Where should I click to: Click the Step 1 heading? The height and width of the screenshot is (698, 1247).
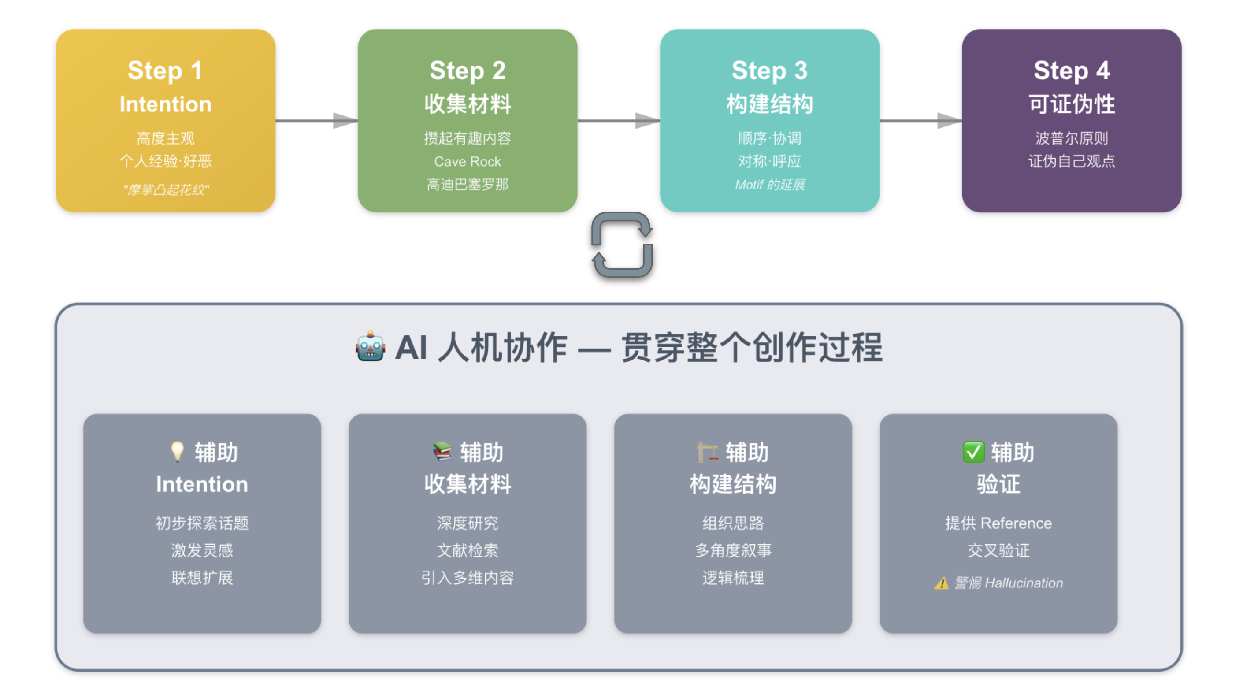(165, 71)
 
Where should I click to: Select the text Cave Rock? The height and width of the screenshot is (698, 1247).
(467, 161)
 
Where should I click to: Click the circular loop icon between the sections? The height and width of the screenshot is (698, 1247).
(622, 245)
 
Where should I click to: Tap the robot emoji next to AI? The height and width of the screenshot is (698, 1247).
(370, 347)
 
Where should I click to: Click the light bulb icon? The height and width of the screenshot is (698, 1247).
(177, 452)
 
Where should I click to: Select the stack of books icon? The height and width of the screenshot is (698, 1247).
(442, 452)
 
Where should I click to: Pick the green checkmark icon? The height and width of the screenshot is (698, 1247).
(973, 452)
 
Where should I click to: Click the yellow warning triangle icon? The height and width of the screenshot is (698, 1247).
(941, 583)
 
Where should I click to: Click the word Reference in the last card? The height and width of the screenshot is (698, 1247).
(1016, 523)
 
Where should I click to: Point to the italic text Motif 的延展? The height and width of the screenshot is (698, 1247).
(769, 185)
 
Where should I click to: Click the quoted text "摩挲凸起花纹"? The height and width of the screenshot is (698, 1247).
(166, 189)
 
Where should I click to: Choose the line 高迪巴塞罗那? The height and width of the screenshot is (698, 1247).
(467, 185)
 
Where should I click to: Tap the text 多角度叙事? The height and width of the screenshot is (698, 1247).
(733, 550)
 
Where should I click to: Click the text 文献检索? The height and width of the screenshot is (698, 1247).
(467, 550)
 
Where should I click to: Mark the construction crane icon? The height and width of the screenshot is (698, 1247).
(707, 452)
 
